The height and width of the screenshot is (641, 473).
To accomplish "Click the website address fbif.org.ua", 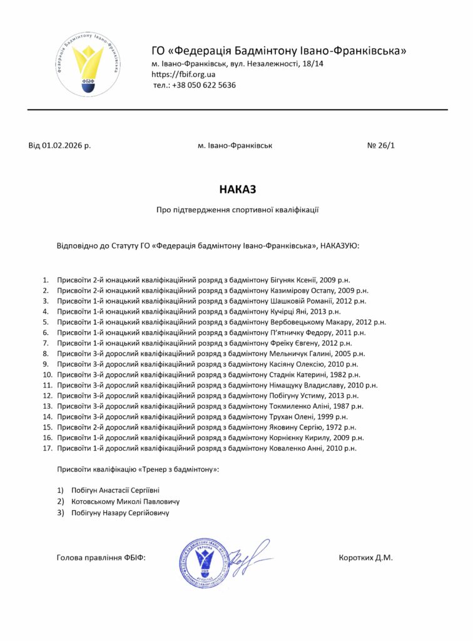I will (x=184, y=74).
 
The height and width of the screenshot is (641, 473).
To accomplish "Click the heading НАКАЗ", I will (x=237, y=188).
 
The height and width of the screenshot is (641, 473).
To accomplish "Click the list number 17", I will (x=46, y=448).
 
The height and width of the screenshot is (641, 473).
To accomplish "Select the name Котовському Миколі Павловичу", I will (x=125, y=501).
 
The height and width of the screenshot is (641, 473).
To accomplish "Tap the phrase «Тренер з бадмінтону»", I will (x=178, y=469).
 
